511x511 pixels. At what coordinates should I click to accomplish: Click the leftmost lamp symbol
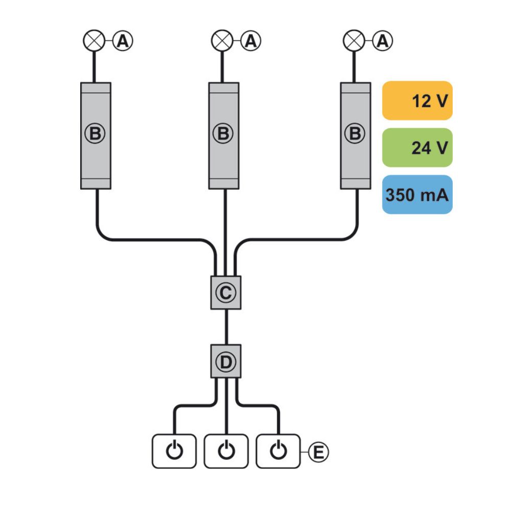94,41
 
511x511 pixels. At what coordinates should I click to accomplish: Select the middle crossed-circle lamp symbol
222,41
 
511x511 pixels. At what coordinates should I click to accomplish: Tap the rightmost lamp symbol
354,41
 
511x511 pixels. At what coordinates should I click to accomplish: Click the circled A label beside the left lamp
123,41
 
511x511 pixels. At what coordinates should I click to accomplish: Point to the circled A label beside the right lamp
383,41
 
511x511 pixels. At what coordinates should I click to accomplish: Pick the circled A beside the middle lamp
250,41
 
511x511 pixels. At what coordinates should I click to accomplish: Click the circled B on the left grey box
95,133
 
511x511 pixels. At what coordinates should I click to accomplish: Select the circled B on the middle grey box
223,133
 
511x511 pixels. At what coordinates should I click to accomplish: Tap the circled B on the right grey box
355,133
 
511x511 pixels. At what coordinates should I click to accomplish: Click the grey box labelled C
226,293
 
